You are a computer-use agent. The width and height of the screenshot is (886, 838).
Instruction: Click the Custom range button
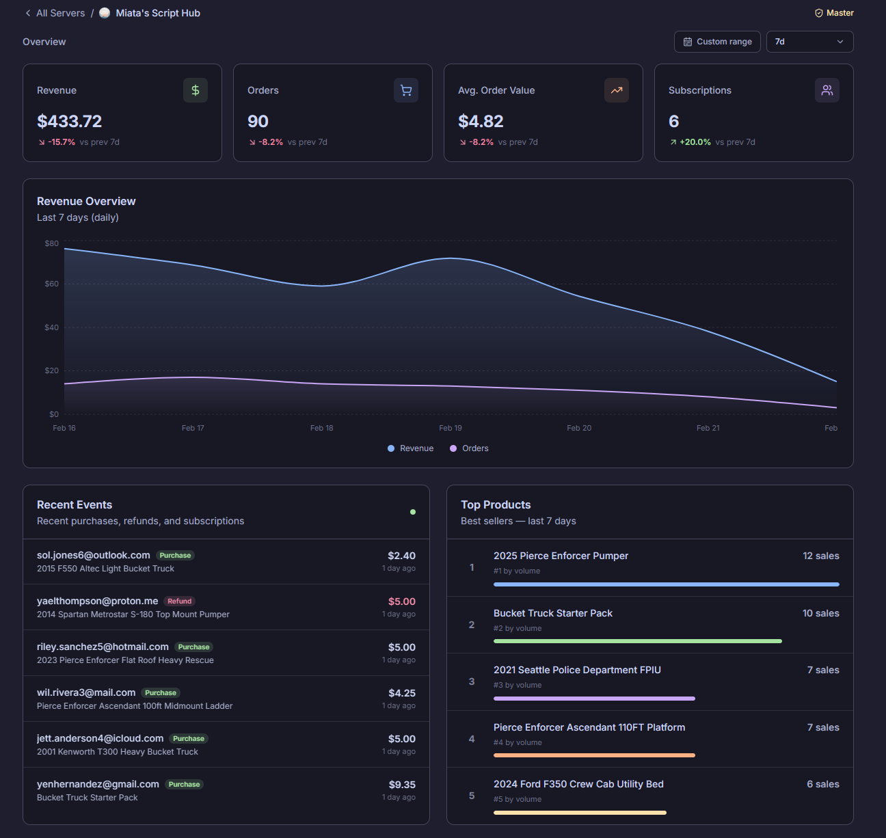coord(717,42)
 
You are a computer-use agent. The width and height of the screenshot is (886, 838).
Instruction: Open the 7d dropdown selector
coord(809,42)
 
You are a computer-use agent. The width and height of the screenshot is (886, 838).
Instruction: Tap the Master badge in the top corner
coord(834,13)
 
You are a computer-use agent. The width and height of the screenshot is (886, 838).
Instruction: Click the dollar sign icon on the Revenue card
coord(196,90)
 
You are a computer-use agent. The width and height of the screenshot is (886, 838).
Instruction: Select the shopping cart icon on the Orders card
coord(406,90)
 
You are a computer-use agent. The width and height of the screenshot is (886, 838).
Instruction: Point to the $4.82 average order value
coord(481,122)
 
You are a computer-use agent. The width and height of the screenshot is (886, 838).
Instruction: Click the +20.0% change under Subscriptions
coord(695,142)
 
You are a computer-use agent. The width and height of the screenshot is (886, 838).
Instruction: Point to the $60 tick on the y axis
coord(52,284)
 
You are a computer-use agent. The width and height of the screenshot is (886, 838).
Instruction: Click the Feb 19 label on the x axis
coord(451,428)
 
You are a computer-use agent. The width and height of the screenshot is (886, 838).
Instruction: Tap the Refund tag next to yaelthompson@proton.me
coord(180,602)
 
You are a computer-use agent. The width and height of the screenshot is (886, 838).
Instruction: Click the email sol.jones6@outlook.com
coord(94,555)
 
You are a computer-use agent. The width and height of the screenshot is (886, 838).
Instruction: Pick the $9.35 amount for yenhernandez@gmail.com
coord(402,785)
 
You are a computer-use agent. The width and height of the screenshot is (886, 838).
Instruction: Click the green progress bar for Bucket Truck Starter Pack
coord(637,641)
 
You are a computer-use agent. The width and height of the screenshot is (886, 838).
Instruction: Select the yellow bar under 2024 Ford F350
coord(580,813)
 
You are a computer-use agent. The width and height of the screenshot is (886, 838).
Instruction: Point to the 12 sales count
coord(820,556)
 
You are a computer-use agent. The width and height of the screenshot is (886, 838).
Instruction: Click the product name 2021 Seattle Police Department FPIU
coord(577,670)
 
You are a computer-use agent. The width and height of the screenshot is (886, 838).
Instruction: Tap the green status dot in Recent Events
coord(413,512)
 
